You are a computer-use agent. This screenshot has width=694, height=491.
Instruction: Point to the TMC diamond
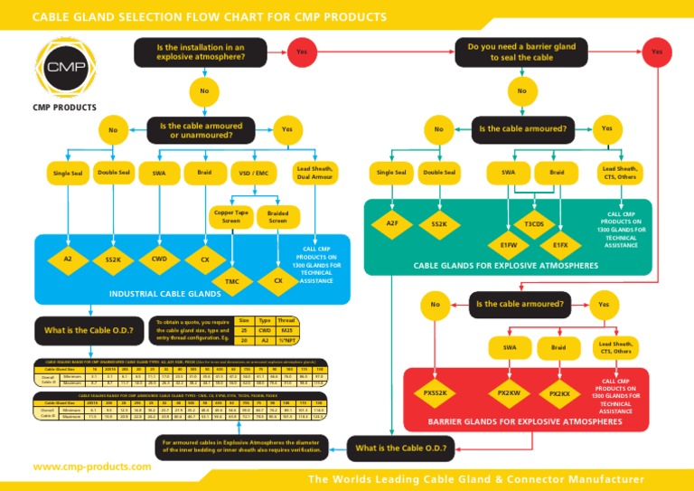(x=232, y=282)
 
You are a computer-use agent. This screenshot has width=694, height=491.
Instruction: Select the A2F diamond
(x=392, y=222)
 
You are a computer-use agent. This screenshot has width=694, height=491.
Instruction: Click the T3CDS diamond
(x=534, y=223)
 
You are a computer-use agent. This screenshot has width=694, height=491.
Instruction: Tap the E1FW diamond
(x=508, y=244)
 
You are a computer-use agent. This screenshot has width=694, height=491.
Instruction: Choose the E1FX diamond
(x=560, y=244)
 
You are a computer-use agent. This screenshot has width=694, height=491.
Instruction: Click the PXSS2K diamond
(x=434, y=394)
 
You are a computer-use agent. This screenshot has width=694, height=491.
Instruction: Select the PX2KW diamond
(x=508, y=394)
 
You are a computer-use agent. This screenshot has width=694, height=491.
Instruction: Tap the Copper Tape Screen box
(x=231, y=216)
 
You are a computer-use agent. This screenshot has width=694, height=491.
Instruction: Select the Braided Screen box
(x=278, y=216)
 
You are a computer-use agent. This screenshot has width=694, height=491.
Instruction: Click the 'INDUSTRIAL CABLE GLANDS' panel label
(x=164, y=294)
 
